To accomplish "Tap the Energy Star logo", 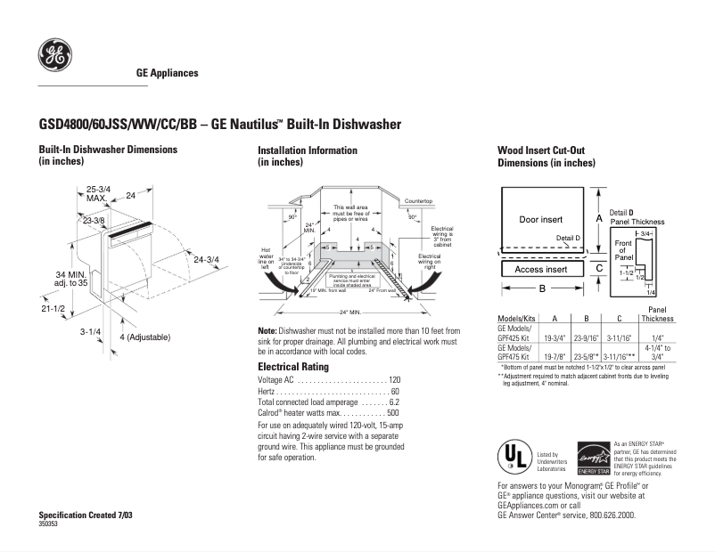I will click(x=593, y=458).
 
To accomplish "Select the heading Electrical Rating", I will click(x=293, y=366).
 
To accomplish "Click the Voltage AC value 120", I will click(x=394, y=380).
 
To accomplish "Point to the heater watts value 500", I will click(x=393, y=413).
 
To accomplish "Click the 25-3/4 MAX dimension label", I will click(x=98, y=193).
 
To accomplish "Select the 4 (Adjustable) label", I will click(x=144, y=337).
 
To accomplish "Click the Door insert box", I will click(x=540, y=219).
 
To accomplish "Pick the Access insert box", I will click(x=540, y=269).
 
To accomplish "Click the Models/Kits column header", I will click(x=514, y=319).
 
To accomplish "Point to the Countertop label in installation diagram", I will click(x=418, y=202).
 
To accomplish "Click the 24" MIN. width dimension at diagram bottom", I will click(x=349, y=313).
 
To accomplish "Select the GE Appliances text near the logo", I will click(x=167, y=73).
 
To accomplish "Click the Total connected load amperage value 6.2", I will click(x=394, y=402).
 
